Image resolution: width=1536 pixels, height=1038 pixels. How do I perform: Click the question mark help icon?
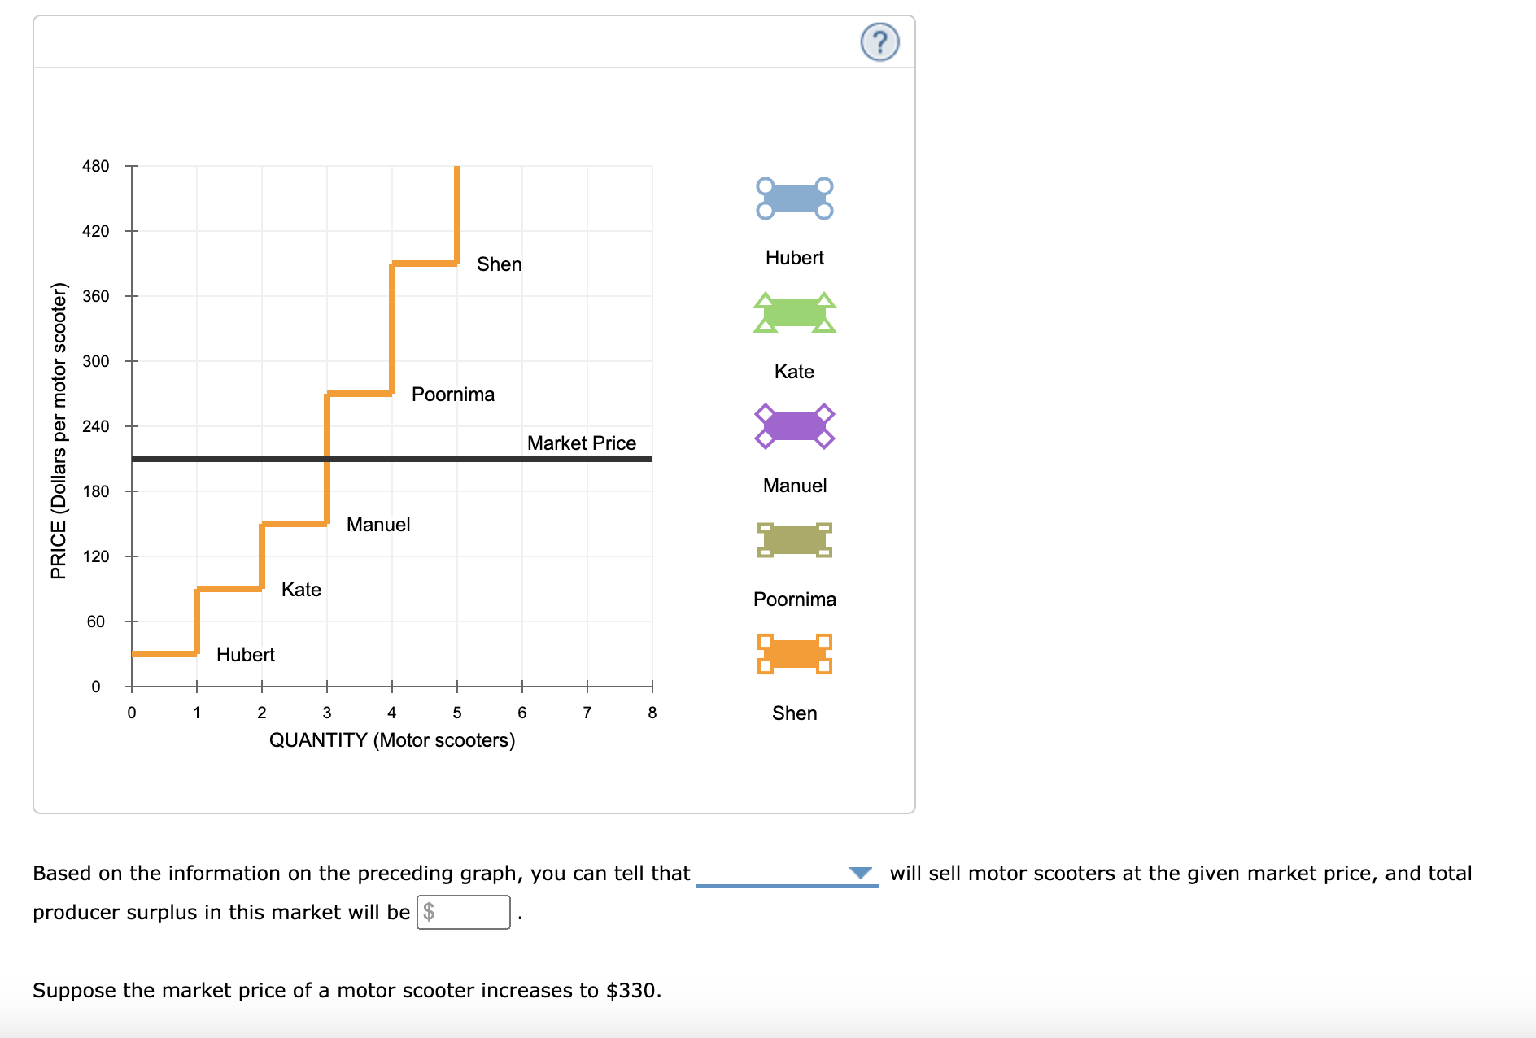point(879,42)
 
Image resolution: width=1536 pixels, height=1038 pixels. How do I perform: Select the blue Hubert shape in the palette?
point(794,198)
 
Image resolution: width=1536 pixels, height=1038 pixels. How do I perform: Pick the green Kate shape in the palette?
point(794,312)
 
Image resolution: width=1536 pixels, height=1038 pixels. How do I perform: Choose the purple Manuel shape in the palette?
point(794,426)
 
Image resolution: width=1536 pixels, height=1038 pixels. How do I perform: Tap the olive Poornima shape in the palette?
point(794,540)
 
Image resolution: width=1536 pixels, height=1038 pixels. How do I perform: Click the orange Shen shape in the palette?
point(794,654)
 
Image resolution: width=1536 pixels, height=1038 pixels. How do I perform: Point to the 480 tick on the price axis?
point(95,166)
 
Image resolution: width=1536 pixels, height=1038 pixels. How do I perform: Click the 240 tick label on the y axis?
point(95,426)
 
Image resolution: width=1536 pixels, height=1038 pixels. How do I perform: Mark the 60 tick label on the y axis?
point(95,621)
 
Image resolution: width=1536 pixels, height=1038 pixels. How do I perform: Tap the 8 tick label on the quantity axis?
point(652,713)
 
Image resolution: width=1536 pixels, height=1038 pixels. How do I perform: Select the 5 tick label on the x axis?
point(456,713)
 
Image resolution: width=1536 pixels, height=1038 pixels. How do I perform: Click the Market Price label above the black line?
point(581,443)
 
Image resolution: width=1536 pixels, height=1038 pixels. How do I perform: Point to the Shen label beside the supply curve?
point(499,264)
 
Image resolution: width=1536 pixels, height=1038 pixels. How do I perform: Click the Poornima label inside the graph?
point(452,395)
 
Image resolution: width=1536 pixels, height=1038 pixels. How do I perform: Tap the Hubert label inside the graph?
point(245,655)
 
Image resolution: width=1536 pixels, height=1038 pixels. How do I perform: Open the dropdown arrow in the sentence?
point(860,873)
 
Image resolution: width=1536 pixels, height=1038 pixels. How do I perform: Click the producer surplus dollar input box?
point(464,912)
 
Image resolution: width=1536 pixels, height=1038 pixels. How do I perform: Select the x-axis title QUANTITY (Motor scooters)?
point(391,740)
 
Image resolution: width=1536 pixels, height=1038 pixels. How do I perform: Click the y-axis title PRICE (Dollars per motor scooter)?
point(59,431)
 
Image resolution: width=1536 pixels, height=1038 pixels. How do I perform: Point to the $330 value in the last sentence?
point(631,990)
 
